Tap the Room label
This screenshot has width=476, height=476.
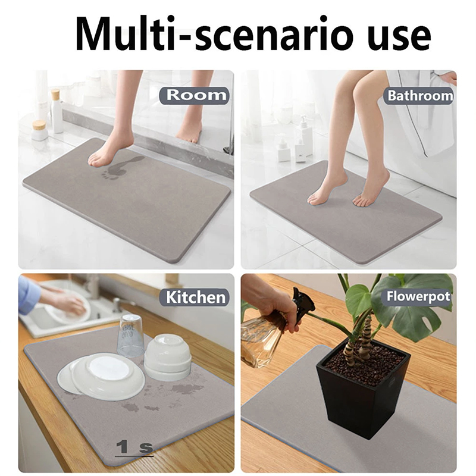click(195, 96)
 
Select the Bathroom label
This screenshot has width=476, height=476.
click(420, 96)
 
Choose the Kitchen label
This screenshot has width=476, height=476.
click(196, 297)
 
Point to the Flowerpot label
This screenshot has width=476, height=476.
click(418, 296)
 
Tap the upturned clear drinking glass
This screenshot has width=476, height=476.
click(130, 336)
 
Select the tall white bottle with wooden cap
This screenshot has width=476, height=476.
click(57, 111)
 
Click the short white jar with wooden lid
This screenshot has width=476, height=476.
click(39, 130)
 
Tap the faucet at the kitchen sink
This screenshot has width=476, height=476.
click(117, 305)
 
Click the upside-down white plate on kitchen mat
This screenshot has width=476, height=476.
click(101, 377)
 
